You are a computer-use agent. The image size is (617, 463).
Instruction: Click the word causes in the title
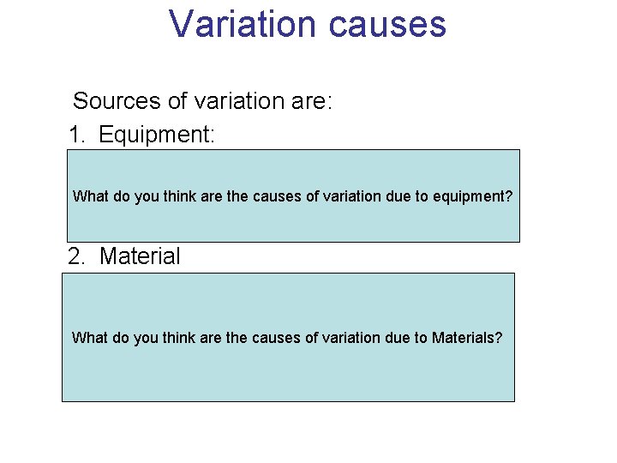[386, 24]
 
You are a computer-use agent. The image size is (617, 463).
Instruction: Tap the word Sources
[117, 101]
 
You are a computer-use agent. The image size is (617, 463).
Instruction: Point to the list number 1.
[78, 135]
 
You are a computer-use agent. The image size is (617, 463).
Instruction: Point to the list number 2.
[78, 256]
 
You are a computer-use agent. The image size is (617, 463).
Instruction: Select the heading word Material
[140, 256]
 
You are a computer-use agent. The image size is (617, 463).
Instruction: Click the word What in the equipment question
[90, 196]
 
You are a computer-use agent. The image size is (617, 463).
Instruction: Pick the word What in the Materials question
[89, 338]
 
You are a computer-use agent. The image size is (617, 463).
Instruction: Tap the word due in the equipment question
[382, 196]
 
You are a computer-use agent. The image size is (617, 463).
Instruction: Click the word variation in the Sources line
[241, 101]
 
